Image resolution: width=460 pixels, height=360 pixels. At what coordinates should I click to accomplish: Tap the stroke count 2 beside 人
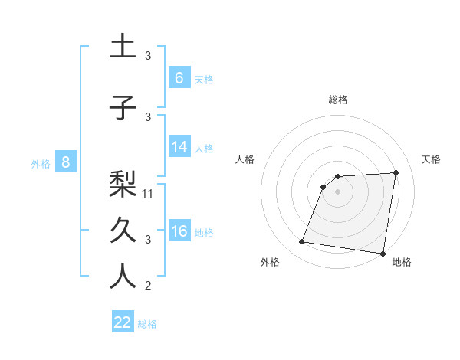[148, 286]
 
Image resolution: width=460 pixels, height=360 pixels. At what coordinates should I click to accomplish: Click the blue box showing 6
[179, 78]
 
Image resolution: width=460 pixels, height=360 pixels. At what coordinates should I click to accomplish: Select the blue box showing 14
[179, 148]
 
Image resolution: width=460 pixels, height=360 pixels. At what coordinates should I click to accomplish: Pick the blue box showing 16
[179, 231]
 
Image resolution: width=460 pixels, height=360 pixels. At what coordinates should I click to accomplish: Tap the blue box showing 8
[66, 162]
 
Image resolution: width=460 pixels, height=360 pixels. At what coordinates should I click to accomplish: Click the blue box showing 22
[123, 322]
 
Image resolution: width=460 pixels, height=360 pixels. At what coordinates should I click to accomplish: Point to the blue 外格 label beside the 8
[41, 163]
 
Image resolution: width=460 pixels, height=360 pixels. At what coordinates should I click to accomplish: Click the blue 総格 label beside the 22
[147, 323]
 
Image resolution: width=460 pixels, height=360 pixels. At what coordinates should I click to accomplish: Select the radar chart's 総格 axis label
[337, 100]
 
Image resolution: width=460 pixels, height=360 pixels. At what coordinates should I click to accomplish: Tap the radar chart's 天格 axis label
[431, 159]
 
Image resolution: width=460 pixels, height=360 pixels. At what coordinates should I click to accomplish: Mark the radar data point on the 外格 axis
[302, 242]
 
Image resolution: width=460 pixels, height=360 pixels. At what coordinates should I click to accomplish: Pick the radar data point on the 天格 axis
[396, 172]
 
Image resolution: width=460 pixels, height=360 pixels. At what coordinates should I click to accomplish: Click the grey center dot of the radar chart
[337, 191]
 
